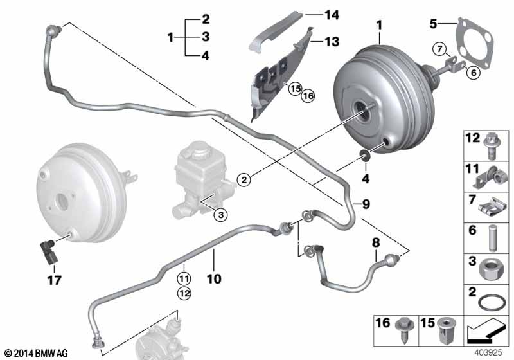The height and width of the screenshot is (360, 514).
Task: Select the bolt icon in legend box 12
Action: click(x=491, y=146)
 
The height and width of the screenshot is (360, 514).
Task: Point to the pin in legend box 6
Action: click(x=493, y=238)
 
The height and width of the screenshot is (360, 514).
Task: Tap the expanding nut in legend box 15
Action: click(x=447, y=330)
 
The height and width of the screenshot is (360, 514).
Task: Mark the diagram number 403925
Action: click(x=488, y=352)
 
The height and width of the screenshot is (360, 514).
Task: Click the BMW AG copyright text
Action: click(x=37, y=353)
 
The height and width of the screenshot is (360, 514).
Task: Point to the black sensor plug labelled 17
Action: click(x=48, y=251)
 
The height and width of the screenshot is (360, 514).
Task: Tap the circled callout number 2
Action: click(x=244, y=179)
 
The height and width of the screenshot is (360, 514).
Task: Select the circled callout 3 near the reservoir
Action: click(x=220, y=215)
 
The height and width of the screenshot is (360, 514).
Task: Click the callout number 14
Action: click(x=332, y=15)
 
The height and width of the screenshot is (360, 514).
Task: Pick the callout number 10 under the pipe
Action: click(x=214, y=279)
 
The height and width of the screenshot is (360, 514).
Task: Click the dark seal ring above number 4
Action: click(x=365, y=155)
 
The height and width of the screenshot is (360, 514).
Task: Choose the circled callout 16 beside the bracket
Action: click(x=308, y=96)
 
